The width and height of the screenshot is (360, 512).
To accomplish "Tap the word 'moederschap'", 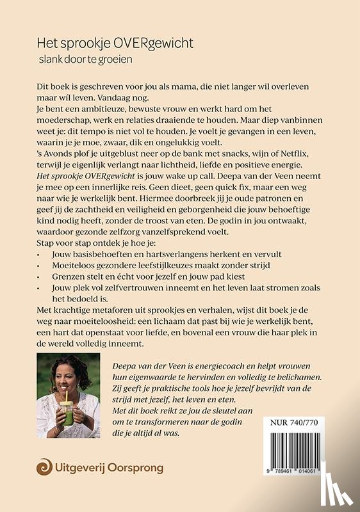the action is tap(61, 122).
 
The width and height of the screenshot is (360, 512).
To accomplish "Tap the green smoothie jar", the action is tap(65, 419).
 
